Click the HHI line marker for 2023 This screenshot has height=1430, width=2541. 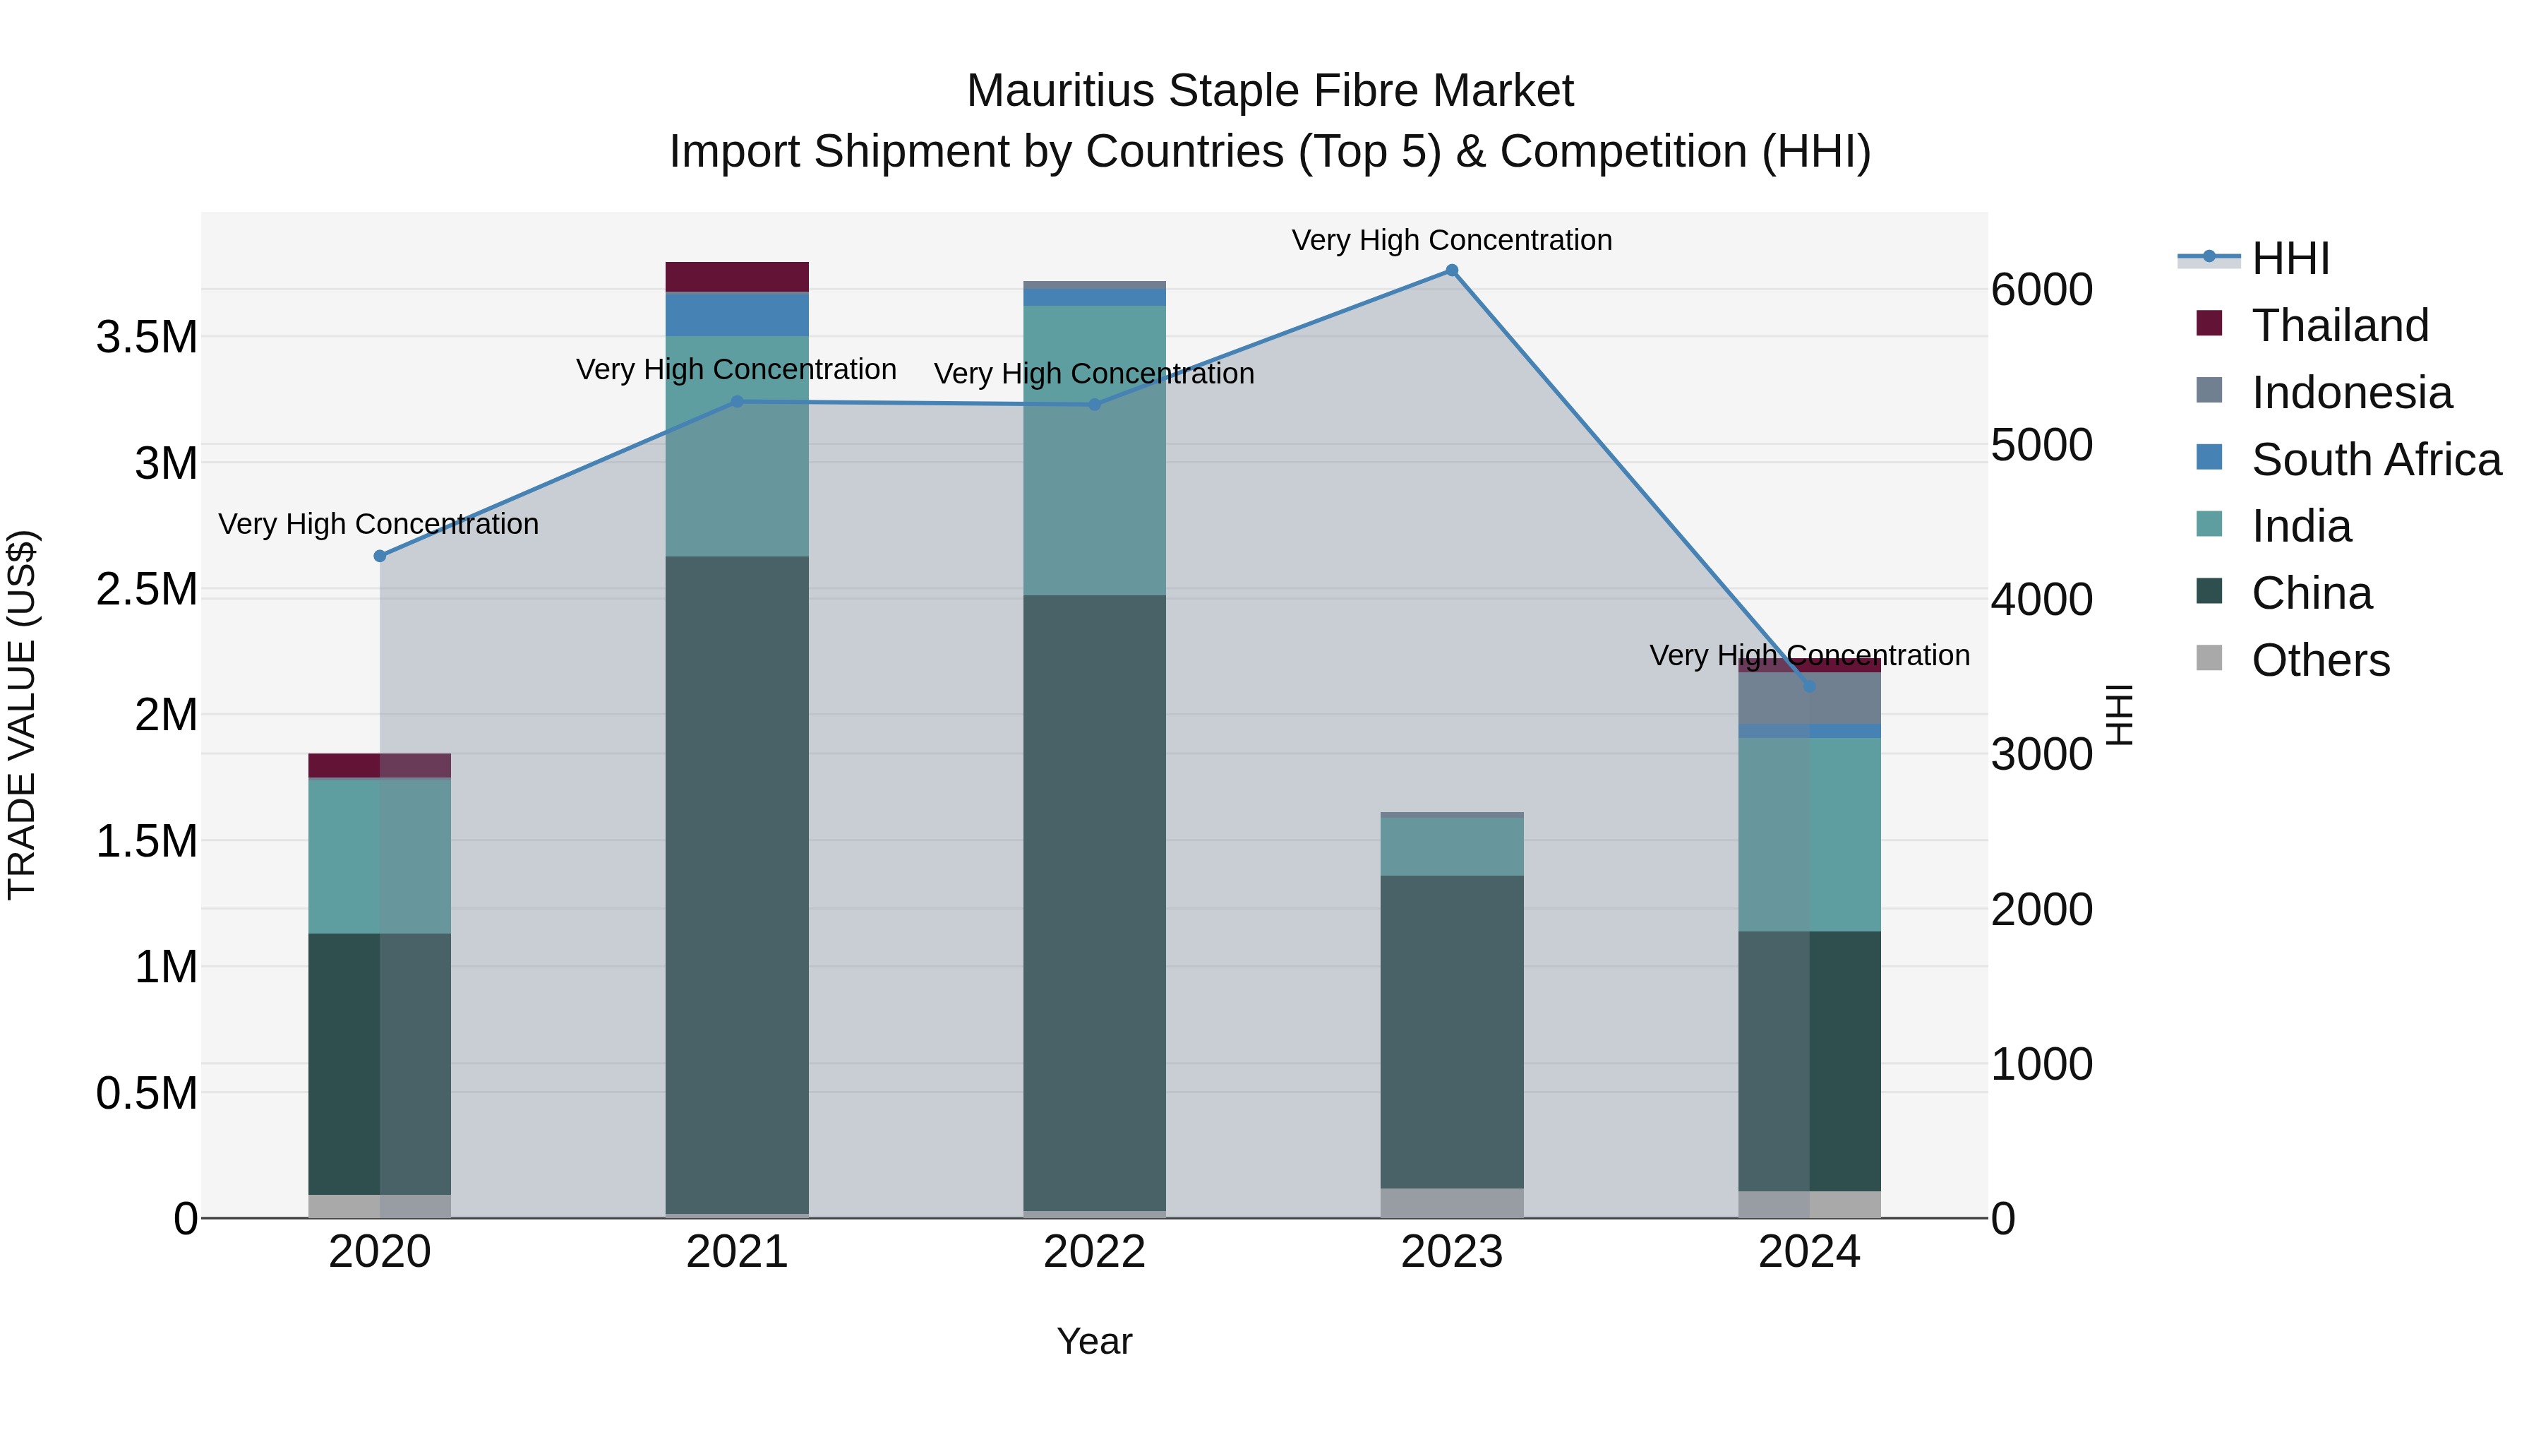point(1451,270)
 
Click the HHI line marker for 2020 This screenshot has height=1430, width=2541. point(380,556)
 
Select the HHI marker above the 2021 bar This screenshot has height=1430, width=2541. point(737,402)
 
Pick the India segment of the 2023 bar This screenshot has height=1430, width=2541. point(1451,846)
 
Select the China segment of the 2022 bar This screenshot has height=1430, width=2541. point(1094,903)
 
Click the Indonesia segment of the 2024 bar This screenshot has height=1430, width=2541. point(1809,698)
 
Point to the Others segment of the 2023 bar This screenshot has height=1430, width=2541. point(1451,1203)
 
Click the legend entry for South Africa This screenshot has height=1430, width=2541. point(2375,460)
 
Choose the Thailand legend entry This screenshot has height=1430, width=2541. point(2339,326)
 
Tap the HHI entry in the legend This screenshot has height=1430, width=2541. point(2290,258)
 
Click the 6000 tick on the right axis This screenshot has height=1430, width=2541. point(2041,290)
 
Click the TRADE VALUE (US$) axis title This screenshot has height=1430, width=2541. point(22,715)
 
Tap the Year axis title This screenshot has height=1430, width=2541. point(1094,1341)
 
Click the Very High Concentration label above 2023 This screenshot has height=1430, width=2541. point(1451,240)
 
